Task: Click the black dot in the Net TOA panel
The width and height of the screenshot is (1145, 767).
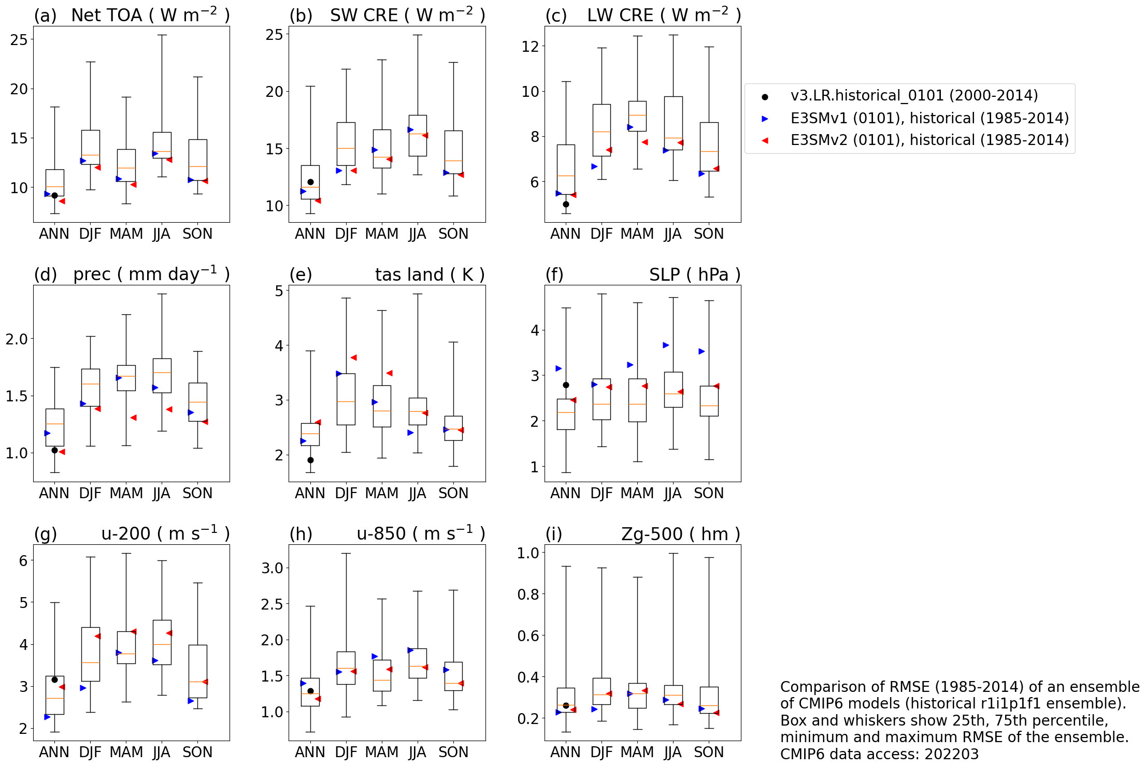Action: pyautogui.click(x=54, y=195)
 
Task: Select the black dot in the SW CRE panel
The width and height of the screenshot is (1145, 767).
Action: pyautogui.click(x=310, y=182)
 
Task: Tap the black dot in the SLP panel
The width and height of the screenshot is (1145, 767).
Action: pyautogui.click(x=566, y=385)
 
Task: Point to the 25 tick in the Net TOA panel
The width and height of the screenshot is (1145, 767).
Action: pyautogui.click(x=19, y=39)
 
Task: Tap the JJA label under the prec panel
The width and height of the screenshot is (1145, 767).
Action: pyautogui.click(x=162, y=493)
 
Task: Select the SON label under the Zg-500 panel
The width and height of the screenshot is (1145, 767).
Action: pyautogui.click(x=709, y=752)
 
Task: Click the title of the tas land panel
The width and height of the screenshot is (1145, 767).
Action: pyautogui.click(x=430, y=274)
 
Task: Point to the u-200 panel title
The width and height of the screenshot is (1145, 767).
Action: pyautogui.click(x=165, y=533)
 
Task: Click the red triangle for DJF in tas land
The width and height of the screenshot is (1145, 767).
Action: pyautogui.click(x=354, y=357)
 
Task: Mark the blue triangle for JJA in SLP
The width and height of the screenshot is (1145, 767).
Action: pyautogui.click(x=666, y=345)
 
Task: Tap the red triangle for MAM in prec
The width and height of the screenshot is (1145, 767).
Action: pyautogui.click(x=134, y=417)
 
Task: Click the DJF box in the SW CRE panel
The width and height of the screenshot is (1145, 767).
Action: pyautogui.click(x=346, y=143)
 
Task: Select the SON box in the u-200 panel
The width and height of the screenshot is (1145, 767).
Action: pyautogui.click(x=197, y=671)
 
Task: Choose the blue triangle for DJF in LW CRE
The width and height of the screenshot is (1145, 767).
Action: pyautogui.click(x=594, y=166)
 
